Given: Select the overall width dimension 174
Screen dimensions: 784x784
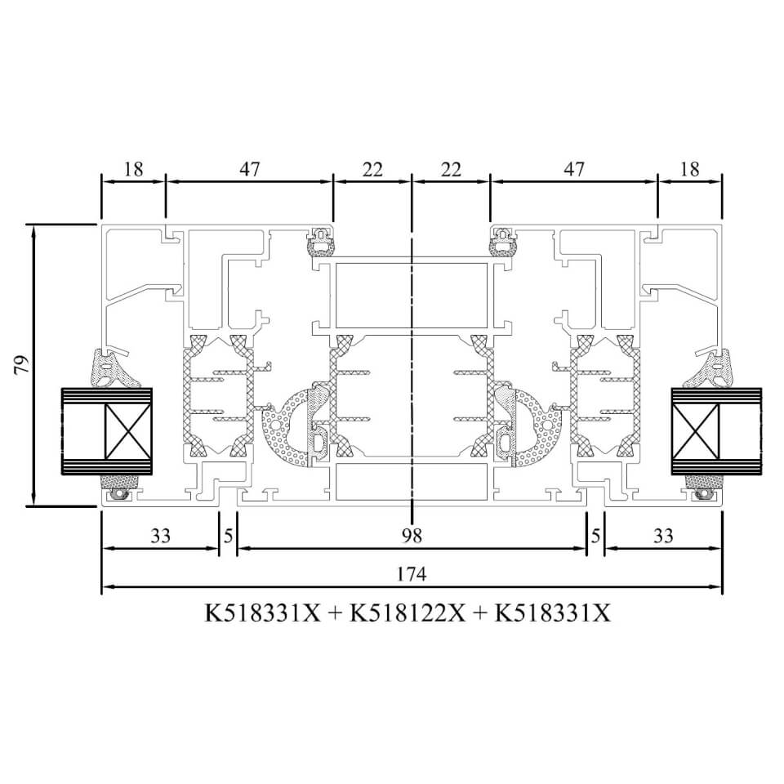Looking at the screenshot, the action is point(412,574).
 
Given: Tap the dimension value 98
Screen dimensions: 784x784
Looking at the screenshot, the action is point(412,536).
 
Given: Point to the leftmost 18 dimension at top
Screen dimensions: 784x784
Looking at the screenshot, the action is point(133,169).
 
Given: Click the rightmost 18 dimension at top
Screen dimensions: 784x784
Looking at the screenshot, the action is point(690,169).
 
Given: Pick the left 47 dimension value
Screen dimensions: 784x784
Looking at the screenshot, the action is point(250,169).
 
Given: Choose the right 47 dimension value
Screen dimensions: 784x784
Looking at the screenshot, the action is point(573,169).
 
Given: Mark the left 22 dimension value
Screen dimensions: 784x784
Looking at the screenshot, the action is point(372,170).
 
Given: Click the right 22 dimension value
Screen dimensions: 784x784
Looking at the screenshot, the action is point(451,170).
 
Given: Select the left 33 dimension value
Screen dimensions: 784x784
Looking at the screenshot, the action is point(161,536).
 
